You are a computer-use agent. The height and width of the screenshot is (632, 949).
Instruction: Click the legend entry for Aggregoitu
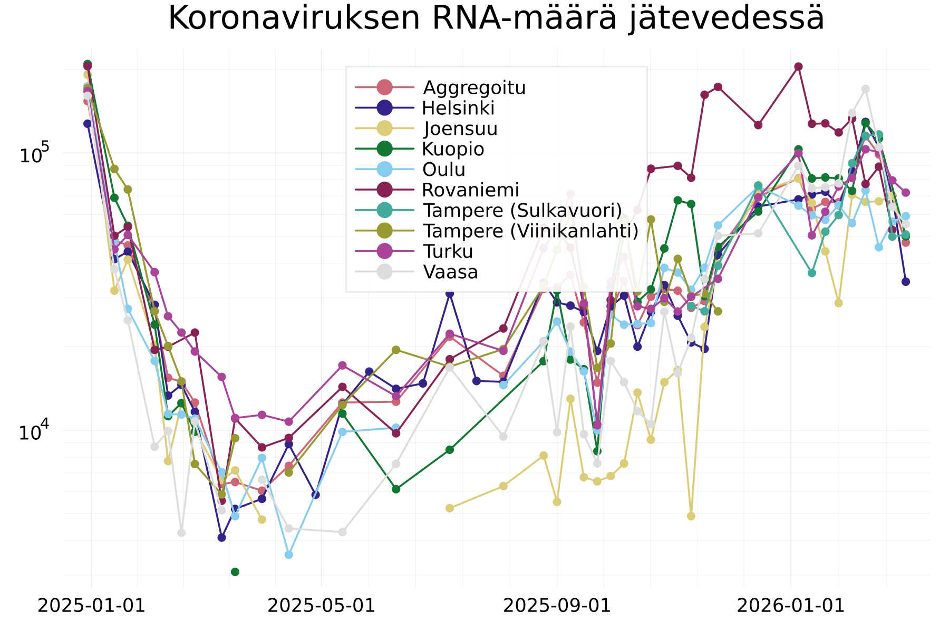coord(474,87)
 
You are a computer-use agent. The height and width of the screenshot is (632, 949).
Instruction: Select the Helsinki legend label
coord(458,108)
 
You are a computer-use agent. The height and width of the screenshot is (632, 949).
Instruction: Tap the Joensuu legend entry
coord(460,129)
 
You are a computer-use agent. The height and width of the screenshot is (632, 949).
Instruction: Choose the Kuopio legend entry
coord(453,149)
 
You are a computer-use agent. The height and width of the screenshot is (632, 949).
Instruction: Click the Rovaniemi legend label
coord(470,190)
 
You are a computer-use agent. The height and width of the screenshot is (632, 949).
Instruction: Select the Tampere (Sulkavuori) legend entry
coord(522,211)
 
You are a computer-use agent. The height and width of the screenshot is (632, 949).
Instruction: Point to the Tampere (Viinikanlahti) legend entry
coord(530,231)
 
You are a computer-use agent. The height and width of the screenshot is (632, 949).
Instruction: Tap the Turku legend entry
coord(448,252)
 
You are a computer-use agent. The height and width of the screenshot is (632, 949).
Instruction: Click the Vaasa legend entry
coord(450,272)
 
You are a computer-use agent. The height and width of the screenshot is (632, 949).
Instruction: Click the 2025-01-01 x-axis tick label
coord(91,606)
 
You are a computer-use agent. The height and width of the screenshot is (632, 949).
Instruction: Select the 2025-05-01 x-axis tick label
coord(321,606)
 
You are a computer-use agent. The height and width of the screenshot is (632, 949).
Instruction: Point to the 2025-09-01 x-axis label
coord(557,606)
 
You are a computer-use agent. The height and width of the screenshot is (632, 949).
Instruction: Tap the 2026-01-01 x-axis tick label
coord(791,606)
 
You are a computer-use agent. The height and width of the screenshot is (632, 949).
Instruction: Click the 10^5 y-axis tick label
coord(34,154)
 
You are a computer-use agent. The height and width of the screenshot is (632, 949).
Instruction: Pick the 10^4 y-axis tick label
coord(34,431)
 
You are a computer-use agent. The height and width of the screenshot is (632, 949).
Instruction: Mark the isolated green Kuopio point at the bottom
coord(235,572)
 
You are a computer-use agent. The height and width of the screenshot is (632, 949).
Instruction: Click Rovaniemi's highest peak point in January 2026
coord(798,66)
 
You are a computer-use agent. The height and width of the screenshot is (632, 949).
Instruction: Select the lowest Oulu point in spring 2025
coord(288,555)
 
